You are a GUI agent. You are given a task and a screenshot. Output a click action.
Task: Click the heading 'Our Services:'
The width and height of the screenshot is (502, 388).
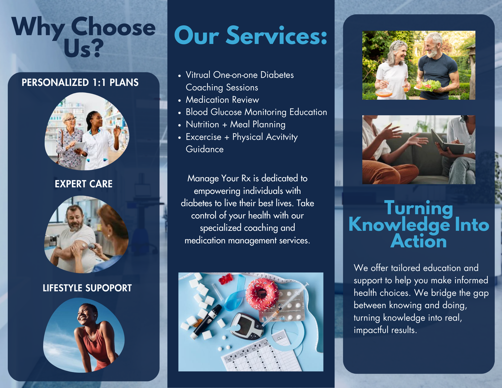pos(251,35)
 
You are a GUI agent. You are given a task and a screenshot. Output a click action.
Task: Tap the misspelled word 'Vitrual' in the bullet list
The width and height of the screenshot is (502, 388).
pos(198,75)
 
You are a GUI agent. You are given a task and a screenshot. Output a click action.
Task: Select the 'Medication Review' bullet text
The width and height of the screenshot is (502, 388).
pos(222,100)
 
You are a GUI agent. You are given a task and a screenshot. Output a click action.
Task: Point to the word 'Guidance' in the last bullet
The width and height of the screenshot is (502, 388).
pos(205,149)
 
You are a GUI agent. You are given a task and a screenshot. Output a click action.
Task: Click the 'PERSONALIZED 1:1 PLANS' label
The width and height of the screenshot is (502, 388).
pos(80,82)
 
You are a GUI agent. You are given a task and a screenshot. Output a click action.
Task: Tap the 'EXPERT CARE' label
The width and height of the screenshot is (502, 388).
pos(84,184)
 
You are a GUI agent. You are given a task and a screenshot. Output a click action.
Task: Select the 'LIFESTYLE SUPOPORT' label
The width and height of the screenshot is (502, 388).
pos(87,288)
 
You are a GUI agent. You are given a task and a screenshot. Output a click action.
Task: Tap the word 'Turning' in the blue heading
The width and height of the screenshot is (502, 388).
pos(419,208)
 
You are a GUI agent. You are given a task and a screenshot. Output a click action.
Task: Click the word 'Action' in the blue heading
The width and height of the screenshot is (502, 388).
pos(419,241)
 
